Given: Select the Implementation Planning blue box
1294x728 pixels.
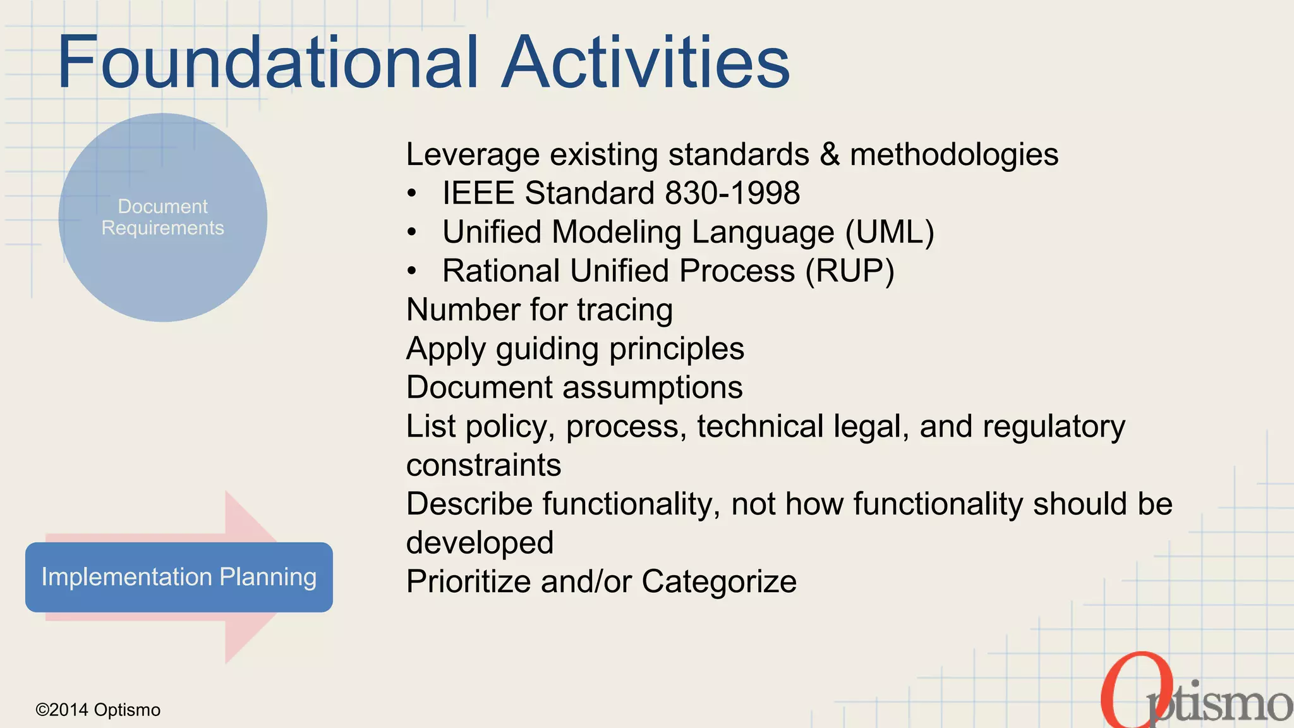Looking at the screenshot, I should pos(179,577).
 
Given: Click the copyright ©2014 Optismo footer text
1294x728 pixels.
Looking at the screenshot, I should pos(98,710).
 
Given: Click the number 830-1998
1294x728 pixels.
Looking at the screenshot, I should pos(732,193).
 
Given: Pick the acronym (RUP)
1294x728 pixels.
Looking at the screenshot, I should pos(850,271).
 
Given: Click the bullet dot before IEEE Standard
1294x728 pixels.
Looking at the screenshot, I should pos(412,193).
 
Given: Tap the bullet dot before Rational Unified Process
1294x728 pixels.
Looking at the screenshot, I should pos(412,272).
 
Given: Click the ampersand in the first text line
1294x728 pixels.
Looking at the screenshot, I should pos(829,155).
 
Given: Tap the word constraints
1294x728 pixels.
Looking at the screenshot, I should pos(483,466).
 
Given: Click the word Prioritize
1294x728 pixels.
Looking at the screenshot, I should pos(468,581).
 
